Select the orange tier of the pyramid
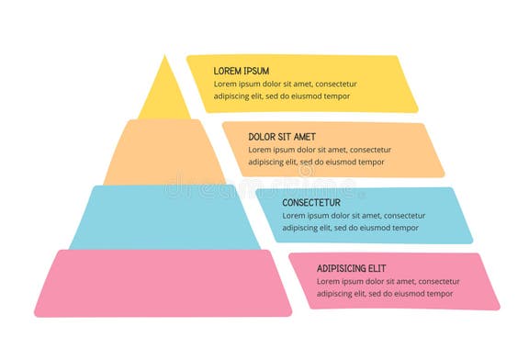pyautogui.click(x=164, y=152)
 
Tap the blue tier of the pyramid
pyautogui.click(x=164, y=217)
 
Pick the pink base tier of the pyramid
pyautogui.click(x=163, y=282)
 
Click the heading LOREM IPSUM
pyautogui.click(x=242, y=71)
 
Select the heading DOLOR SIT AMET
pyautogui.click(x=282, y=137)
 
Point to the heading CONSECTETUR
pyautogui.click(x=311, y=202)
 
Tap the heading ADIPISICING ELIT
pyautogui.click(x=352, y=268)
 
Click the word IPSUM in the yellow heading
pyautogui.click(x=254, y=71)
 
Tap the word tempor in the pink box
pyautogui.click(x=438, y=294)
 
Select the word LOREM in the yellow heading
pyautogui.click(x=227, y=71)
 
